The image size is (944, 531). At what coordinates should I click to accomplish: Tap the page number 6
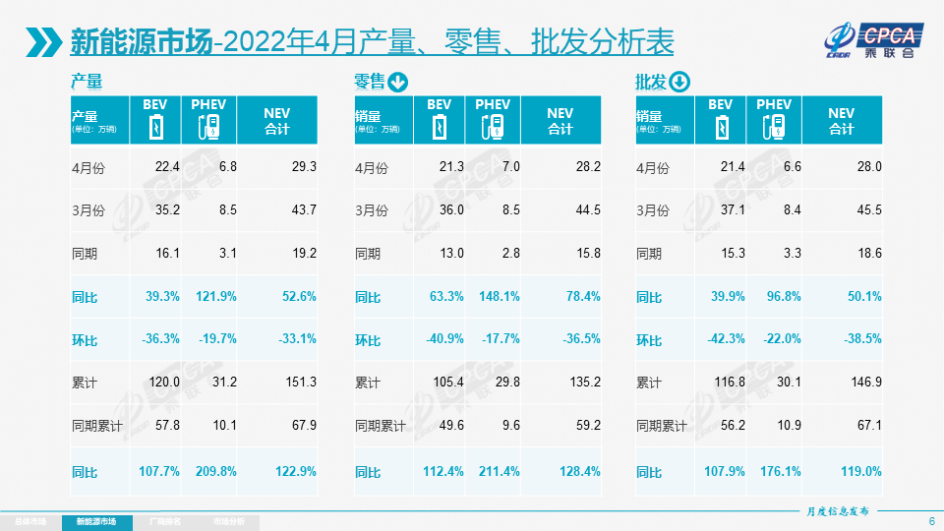click(x=931, y=520)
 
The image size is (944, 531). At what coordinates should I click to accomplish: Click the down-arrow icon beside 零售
click(x=398, y=82)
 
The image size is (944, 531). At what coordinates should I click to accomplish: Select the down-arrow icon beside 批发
click(x=680, y=82)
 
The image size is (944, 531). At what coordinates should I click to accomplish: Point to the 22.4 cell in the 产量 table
click(x=167, y=167)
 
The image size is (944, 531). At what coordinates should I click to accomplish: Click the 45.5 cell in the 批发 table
click(x=868, y=209)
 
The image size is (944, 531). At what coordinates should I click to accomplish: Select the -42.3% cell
click(x=727, y=339)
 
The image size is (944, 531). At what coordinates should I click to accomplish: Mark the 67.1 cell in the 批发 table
click(x=868, y=426)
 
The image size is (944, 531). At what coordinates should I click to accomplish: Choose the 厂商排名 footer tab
click(x=164, y=520)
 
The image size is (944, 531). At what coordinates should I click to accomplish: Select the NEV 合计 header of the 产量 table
click(x=276, y=121)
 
